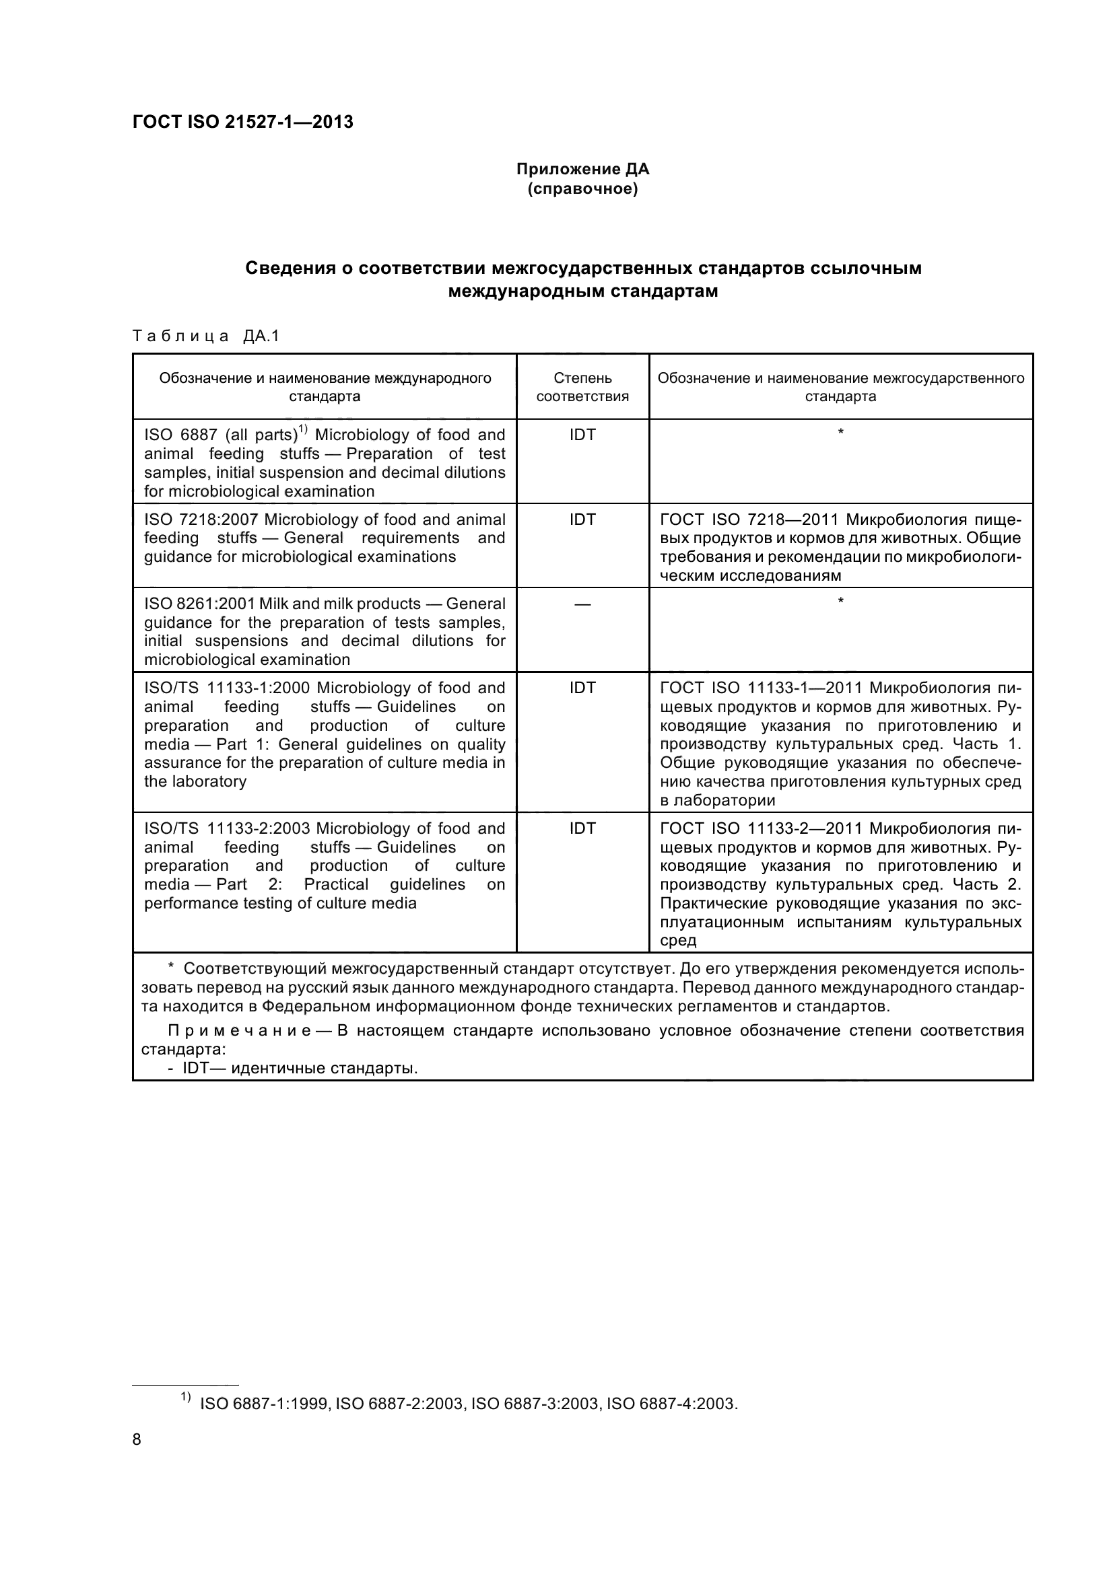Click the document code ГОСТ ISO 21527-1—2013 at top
click(x=243, y=122)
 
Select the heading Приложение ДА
click(x=582, y=169)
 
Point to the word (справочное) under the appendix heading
click(x=582, y=188)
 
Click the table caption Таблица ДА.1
click(x=206, y=336)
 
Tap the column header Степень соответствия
click(x=582, y=387)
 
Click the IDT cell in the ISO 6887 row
click(x=582, y=435)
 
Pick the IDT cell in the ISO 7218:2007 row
click(x=582, y=520)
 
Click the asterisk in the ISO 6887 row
click(x=841, y=432)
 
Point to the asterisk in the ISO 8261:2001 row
click(x=841, y=601)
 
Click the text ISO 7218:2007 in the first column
click(x=201, y=520)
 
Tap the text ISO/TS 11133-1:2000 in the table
click(x=227, y=688)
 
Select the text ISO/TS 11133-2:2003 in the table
click(x=227, y=829)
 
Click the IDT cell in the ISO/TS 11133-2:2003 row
click(x=582, y=829)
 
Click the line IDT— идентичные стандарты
click(x=293, y=1069)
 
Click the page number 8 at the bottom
click(x=137, y=1439)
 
